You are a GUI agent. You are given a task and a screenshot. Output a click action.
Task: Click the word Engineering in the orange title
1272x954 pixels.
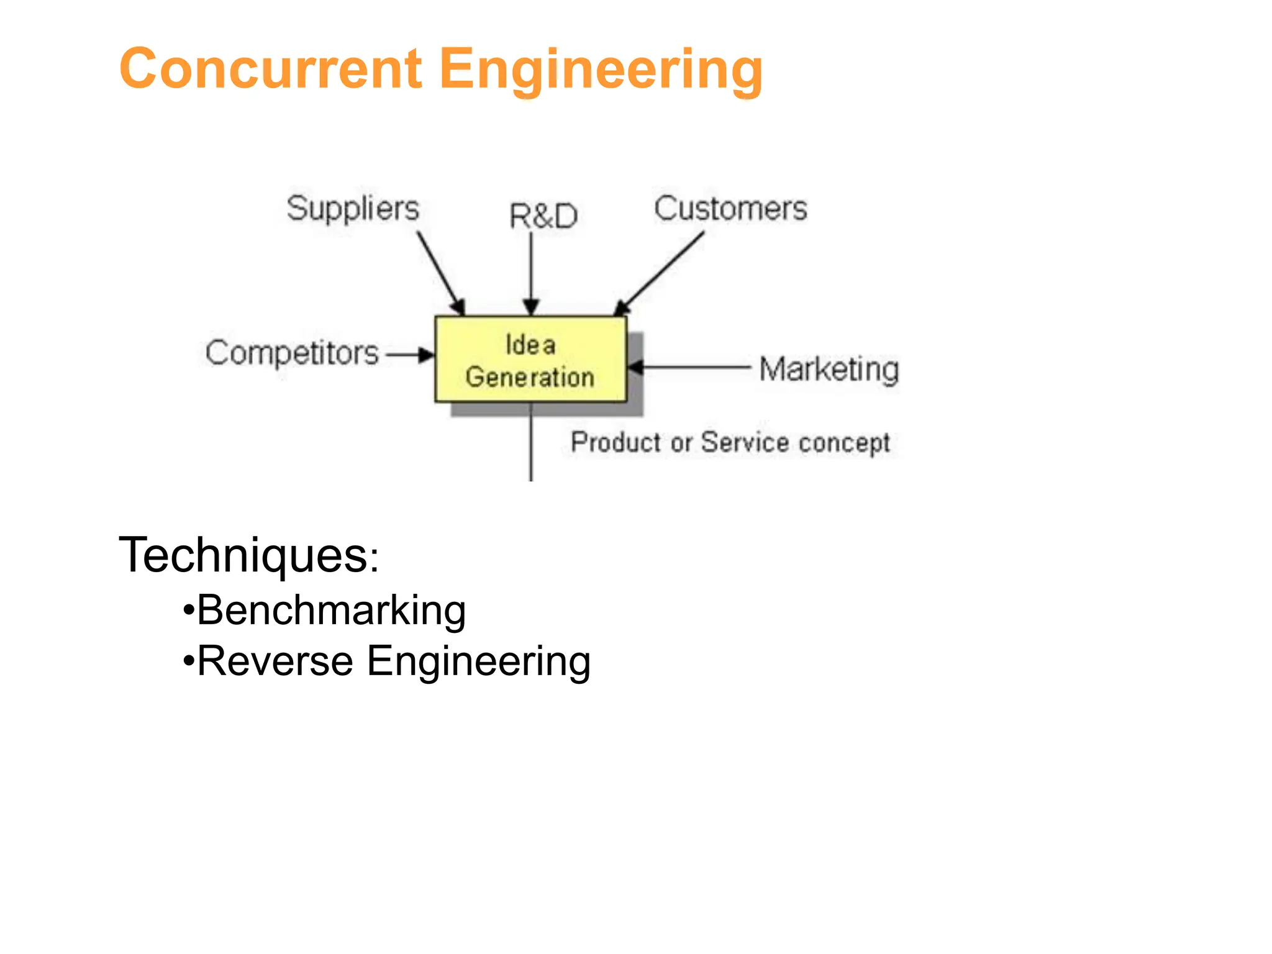(x=601, y=70)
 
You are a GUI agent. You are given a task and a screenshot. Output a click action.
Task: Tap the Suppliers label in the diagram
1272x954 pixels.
(x=352, y=209)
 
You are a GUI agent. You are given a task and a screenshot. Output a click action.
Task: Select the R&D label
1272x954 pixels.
(x=543, y=216)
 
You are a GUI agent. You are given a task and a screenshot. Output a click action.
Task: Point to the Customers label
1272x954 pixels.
(x=730, y=209)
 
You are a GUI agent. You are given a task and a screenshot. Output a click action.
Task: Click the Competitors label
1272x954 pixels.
(x=292, y=353)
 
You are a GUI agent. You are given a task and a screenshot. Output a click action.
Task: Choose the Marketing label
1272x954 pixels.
(x=829, y=369)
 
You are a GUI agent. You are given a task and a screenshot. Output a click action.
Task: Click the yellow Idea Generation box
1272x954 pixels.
(x=530, y=360)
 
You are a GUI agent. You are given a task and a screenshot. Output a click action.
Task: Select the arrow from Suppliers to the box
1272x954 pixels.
(x=440, y=273)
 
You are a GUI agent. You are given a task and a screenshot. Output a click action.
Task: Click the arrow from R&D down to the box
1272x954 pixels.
(x=531, y=273)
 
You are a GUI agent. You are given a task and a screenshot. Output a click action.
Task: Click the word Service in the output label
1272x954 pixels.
(x=745, y=442)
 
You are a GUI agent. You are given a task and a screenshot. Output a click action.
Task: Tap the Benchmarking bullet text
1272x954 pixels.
(x=331, y=610)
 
